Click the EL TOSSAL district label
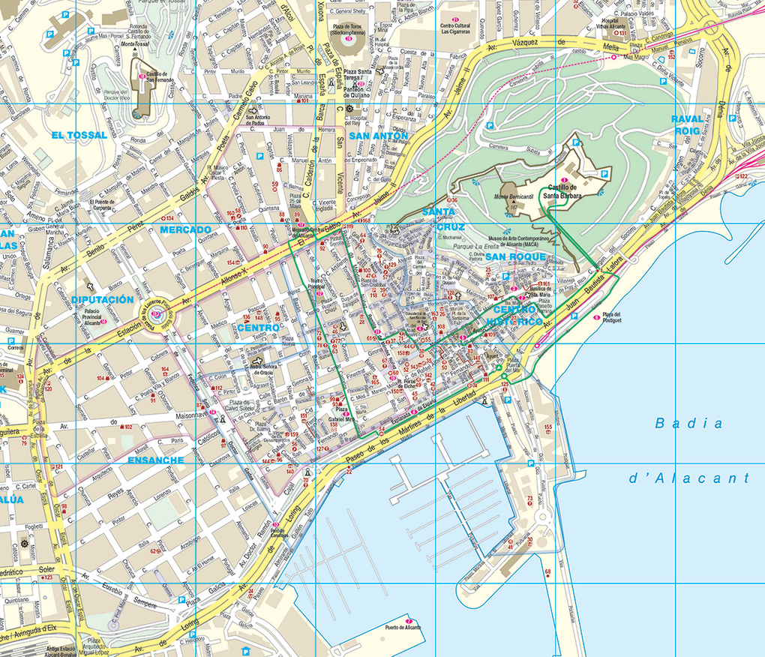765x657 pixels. point(79,135)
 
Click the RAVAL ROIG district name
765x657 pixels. point(687,124)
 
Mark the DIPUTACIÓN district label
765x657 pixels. point(103,300)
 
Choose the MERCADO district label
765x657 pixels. point(185,229)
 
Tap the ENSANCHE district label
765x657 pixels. point(155,460)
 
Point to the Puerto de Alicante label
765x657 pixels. point(402,627)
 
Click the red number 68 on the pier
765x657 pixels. point(547,572)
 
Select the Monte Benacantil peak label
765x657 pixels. point(513,196)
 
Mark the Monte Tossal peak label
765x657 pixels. point(135,45)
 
